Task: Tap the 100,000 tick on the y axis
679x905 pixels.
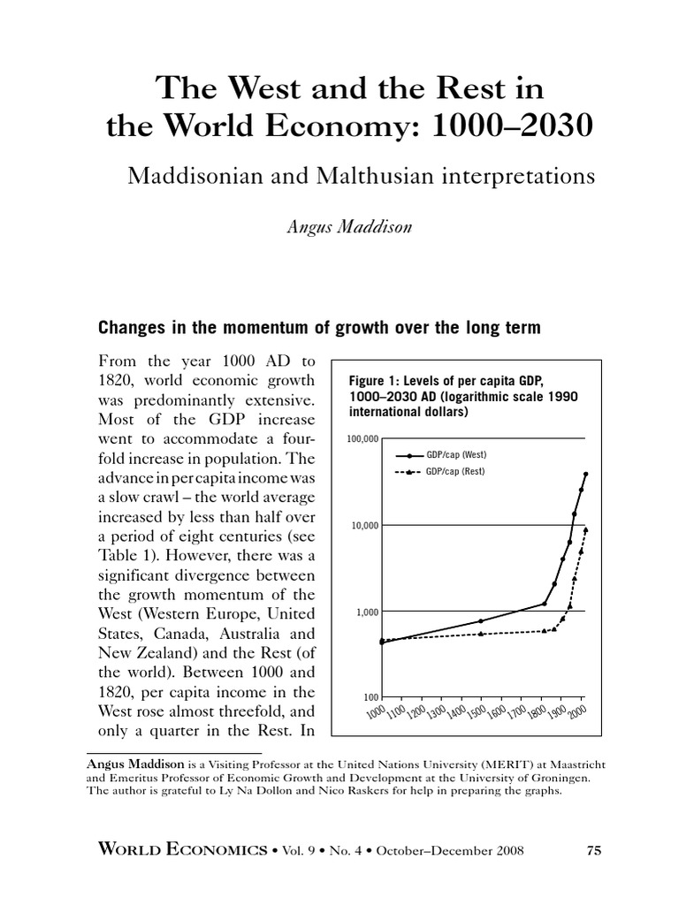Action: [363, 439]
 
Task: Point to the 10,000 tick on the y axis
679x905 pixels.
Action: [366, 526]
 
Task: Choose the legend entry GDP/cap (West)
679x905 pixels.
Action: [457, 454]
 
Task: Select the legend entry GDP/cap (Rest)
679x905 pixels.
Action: [457, 471]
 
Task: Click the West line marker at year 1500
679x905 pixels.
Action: [481, 621]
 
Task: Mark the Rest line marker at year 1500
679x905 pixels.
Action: [481, 634]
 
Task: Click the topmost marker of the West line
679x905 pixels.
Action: [585, 474]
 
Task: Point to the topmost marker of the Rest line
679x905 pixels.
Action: [585, 529]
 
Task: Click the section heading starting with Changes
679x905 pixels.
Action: [318, 328]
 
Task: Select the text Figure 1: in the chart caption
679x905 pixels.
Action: [372, 380]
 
